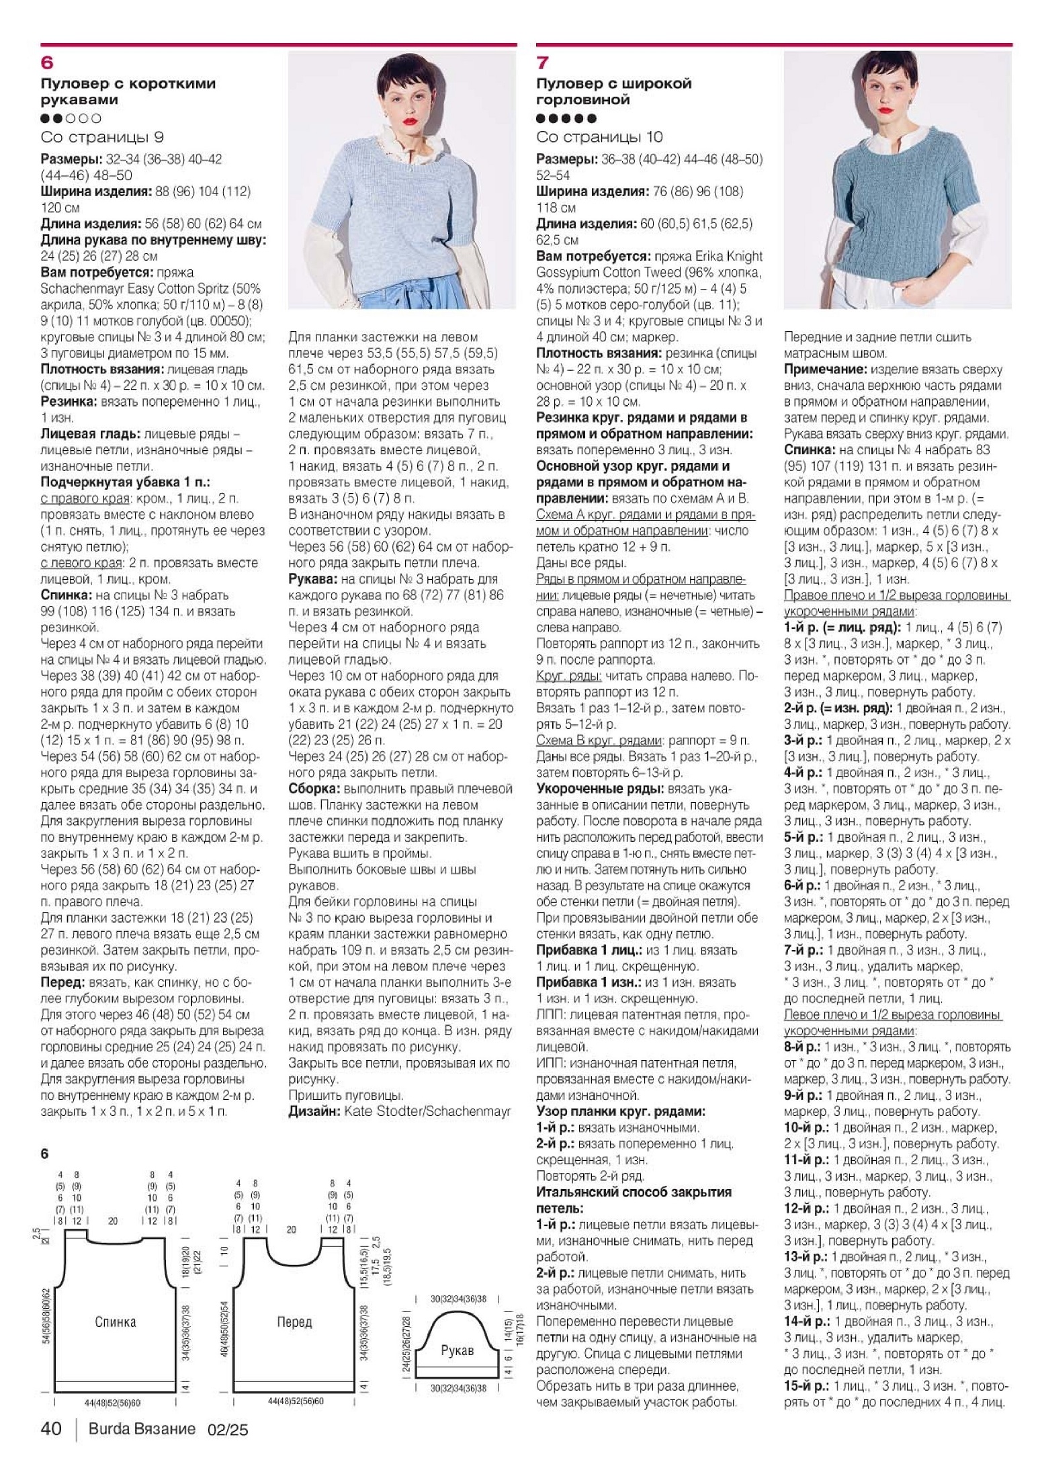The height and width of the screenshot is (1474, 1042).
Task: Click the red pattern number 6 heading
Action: (x=47, y=63)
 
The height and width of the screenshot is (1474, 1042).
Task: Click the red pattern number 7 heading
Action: (x=542, y=63)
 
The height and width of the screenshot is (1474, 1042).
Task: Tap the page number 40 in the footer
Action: (x=51, y=1429)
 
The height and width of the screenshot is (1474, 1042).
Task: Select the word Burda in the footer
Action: (x=107, y=1429)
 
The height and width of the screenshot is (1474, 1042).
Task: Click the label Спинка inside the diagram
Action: (x=116, y=1323)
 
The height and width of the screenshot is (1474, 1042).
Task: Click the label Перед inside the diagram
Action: (x=294, y=1323)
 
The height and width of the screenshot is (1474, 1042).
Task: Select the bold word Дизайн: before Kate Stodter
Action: (x=314, y=1112)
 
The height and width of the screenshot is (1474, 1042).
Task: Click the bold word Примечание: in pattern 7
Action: (x=826, y=370)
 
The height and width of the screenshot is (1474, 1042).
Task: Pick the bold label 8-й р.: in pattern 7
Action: (x=802, y=1047)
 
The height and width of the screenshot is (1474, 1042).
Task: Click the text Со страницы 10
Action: (x=599, y=137)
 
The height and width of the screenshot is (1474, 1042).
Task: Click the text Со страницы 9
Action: (x=102, y=137)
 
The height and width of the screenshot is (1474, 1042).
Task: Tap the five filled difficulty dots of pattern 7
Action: (x=566, y=119)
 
